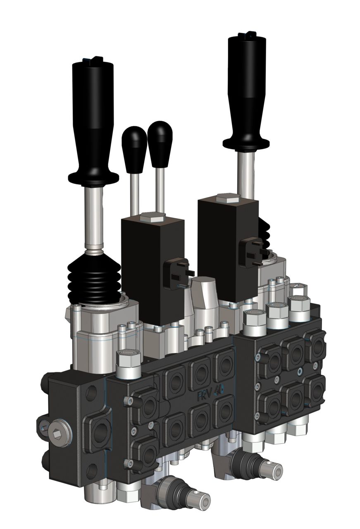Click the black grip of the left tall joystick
click(93, 112)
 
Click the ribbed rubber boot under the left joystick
click(95, 277)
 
